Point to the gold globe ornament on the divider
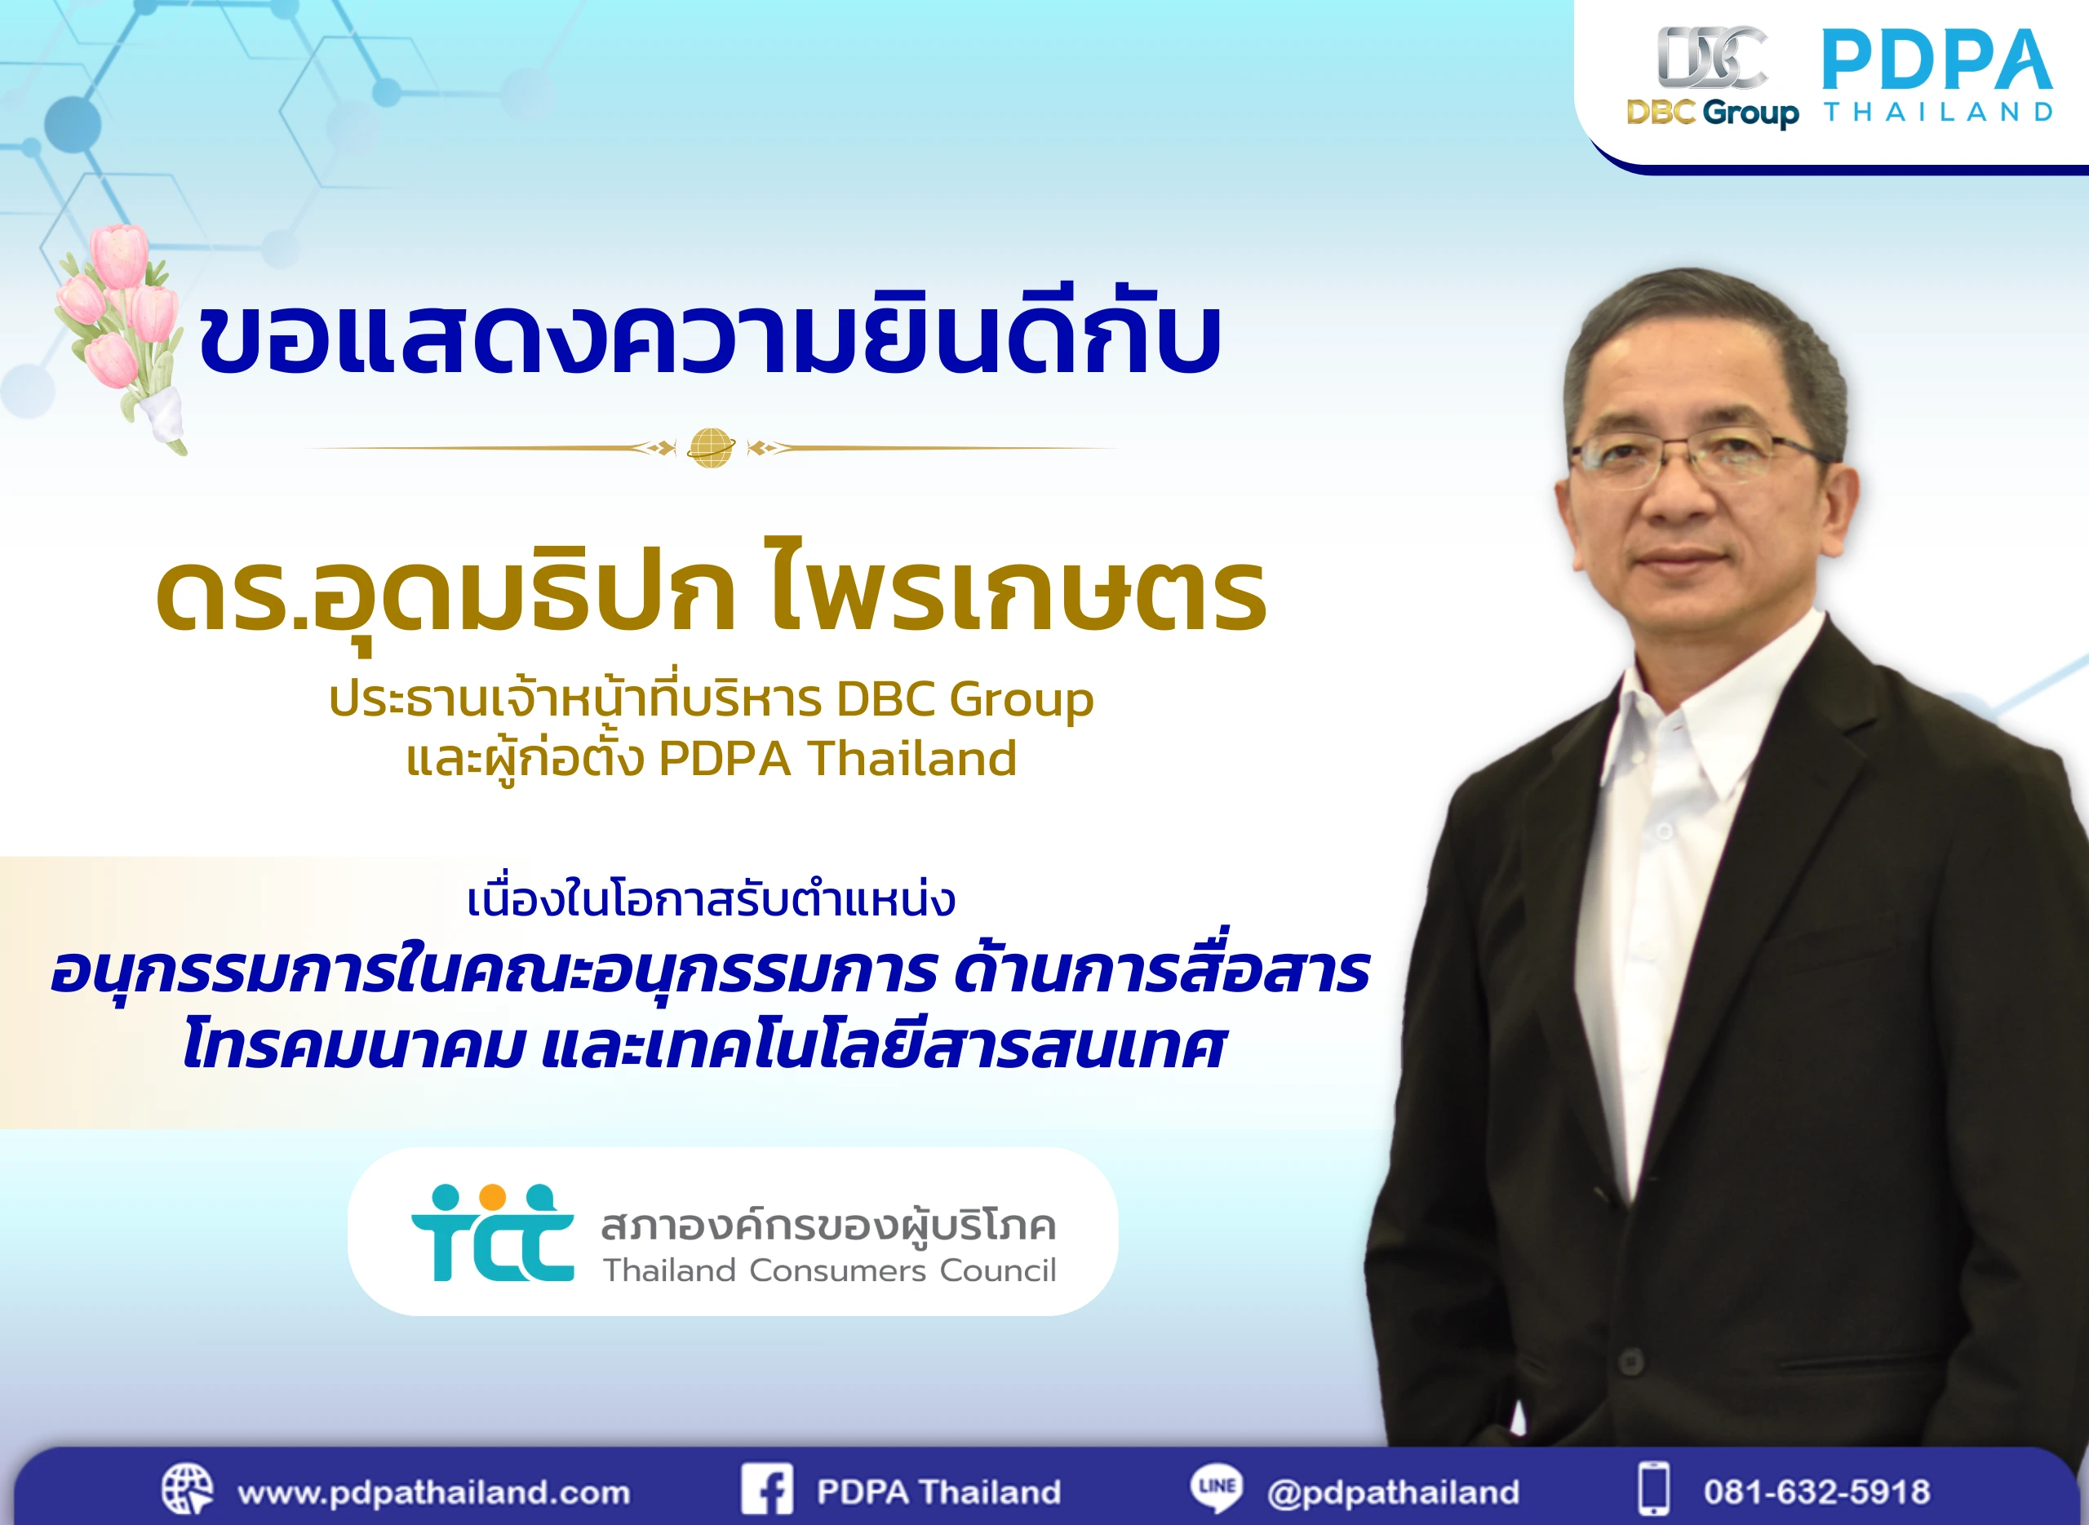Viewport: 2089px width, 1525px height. pos(711,449)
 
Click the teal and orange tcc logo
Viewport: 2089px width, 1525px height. pos(492,1232)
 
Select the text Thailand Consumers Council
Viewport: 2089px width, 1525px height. pos(829,1271)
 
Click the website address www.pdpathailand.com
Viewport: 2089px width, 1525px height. pos(433,1492)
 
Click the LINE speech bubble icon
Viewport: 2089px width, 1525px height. pos(1216,1488)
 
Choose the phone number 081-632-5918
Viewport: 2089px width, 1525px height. pos(1816,1492)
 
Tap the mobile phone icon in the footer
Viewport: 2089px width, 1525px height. pos(1653,1488)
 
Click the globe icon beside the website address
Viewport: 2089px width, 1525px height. pos(188,1488)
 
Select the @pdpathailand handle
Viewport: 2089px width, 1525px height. pos(1393,1492)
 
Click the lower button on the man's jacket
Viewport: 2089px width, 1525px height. pos(1630,1362)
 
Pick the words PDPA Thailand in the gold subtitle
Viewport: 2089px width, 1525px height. pos(837,759)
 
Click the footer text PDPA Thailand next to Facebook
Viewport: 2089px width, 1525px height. pos(938,1492)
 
